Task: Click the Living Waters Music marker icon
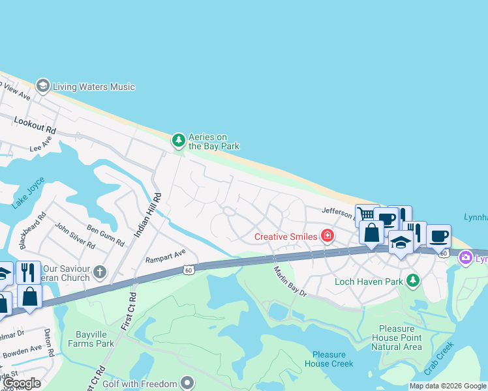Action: coord(43,86)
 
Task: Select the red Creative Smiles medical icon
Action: coord(328,236)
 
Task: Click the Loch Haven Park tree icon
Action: coord(412,281)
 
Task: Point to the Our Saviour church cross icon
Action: coord(99,270)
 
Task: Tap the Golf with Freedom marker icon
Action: coord(188,383)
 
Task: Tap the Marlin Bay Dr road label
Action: coord(290,282)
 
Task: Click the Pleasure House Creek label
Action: coord(329,359)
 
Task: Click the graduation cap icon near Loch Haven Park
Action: coord(400,242)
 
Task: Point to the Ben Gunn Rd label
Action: coord(105,236)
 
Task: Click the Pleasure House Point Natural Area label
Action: coord(396,338)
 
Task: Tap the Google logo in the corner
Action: coord(22,383)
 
